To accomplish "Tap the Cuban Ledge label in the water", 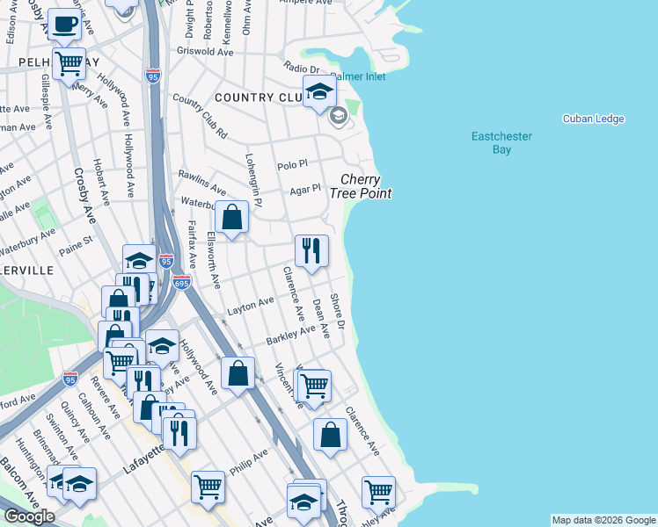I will [x=594, y=119].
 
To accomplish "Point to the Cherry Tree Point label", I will [x=361, y=186].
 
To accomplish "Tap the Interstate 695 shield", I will [x=182, y=283].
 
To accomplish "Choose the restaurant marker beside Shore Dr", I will [x=311, y=251].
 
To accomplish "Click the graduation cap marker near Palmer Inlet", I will [x=320, y=90].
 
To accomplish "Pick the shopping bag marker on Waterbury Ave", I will [x=231, y=218].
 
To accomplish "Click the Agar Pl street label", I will [x=305, y=189].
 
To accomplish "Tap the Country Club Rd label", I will [x=201, y=116].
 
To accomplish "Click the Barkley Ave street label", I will [x=290, y=334].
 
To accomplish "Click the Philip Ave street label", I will [x=249, y=460].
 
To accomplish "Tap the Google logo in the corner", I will [x=29, y=516].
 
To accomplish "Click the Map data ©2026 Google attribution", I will [x=603, y=520].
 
